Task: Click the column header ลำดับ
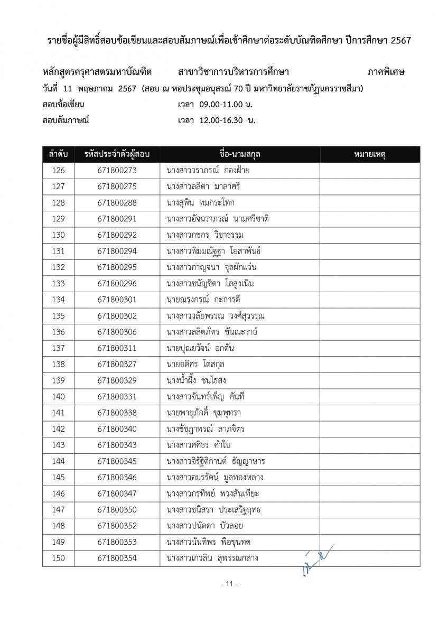click(58, 154)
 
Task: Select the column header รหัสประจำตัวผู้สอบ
click(117, 154)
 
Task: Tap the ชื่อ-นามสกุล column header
click(239, 154)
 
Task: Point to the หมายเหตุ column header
click(369, 154)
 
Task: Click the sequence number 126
click(58, 171)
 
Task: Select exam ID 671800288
click(117, 203)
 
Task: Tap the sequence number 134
click(58, 300)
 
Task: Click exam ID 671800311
click(117, 348)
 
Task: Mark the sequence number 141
click(58, 413)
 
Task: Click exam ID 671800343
click(117, 445)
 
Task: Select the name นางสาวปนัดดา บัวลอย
click(204, 526)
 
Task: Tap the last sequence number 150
click(58, 558)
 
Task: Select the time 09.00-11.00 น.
click(222, 104)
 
